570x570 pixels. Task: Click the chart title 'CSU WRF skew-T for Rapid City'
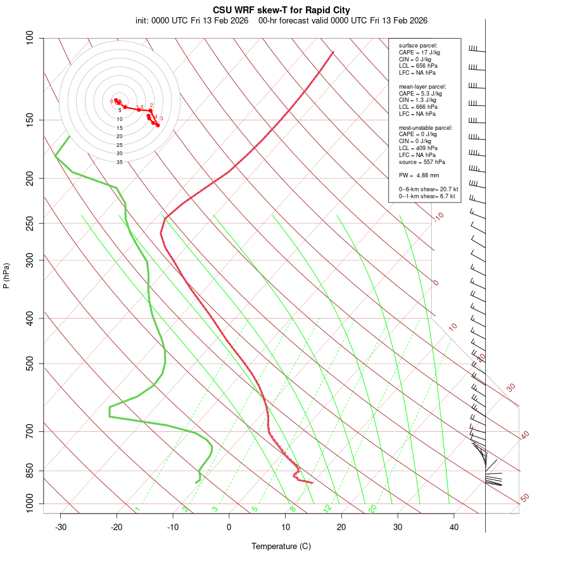point(281,10)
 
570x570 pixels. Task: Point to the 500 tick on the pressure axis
point(30,364)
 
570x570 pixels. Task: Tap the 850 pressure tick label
point(30,471)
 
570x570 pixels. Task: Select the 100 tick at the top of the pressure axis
point(30,38)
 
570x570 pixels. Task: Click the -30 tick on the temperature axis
point(61,527)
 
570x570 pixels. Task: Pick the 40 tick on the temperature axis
point(454,527)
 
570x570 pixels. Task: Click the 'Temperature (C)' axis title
point(281,546)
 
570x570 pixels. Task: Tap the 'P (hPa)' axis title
point(6,275)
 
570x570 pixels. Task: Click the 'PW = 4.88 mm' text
point(419,175)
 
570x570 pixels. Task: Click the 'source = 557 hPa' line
point(421,161)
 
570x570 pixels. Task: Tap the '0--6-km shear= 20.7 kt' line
point(428,189)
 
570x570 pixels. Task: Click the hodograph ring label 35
point(119,162)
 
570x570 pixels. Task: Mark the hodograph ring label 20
point(119,136)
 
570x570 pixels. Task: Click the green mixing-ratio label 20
point(373,508)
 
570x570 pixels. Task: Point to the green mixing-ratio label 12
point(327,508)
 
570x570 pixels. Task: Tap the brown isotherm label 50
point(524,498)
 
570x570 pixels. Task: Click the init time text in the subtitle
point(192,20)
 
